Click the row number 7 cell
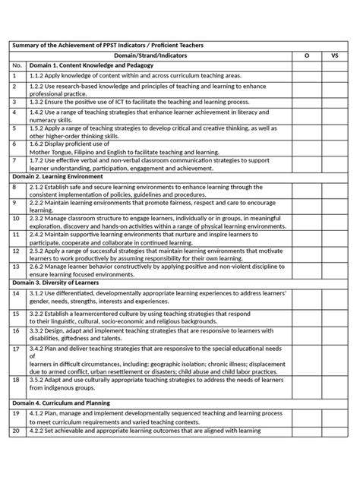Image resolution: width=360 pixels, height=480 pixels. click(x=14, y=182)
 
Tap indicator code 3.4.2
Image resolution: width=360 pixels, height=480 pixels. click(x=38, y=349)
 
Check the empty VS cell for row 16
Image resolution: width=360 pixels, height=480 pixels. click(x=335, y=333)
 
